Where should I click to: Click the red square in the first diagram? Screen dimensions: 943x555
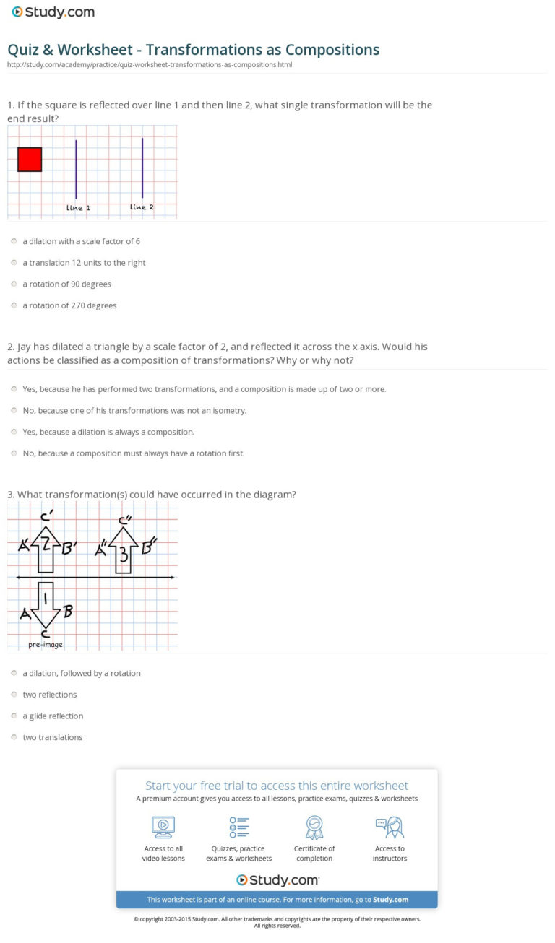click(x=30, y=160)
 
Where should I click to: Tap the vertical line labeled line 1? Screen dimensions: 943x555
click(x=76, y=169)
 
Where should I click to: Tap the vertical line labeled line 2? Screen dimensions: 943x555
click(x=142, y=168)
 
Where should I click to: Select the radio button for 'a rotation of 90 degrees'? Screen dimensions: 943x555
click(x=14, y=284)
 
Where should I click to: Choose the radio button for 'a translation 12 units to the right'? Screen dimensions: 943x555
click(x=14, y=263)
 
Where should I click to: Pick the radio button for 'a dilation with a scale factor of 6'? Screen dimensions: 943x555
click(x=14, y=241)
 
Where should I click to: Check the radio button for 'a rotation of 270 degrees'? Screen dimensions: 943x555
click(x=14, y=305)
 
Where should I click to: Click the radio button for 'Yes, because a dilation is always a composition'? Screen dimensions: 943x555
click(x=14, y=432)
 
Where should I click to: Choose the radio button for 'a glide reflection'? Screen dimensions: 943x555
click(x=14, y=716)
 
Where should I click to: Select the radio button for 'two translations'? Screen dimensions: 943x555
click(x=14, y=737)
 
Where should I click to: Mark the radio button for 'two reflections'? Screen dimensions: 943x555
click(x=14, y=695)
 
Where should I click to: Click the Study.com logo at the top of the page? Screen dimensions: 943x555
click(x=53, y=12)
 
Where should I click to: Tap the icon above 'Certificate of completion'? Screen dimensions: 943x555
click(x=314, y=827)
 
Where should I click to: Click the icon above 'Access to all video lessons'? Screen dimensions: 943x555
click(x=163, y=827)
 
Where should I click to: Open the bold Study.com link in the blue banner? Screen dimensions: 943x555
click(x=391, y=900)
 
